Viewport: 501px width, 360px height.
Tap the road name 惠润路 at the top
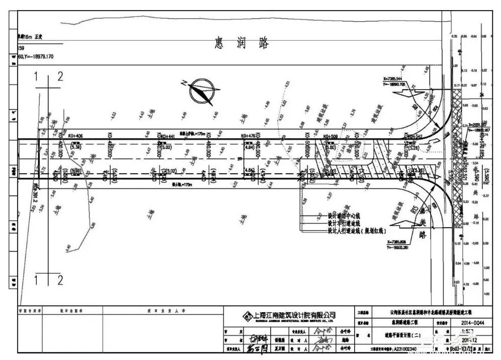tap(241, 44)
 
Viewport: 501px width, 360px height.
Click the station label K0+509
tap(330, 136)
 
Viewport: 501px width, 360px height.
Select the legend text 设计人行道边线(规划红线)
tap(356, 230)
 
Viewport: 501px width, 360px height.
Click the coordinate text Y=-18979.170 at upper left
tap(35, 56)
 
